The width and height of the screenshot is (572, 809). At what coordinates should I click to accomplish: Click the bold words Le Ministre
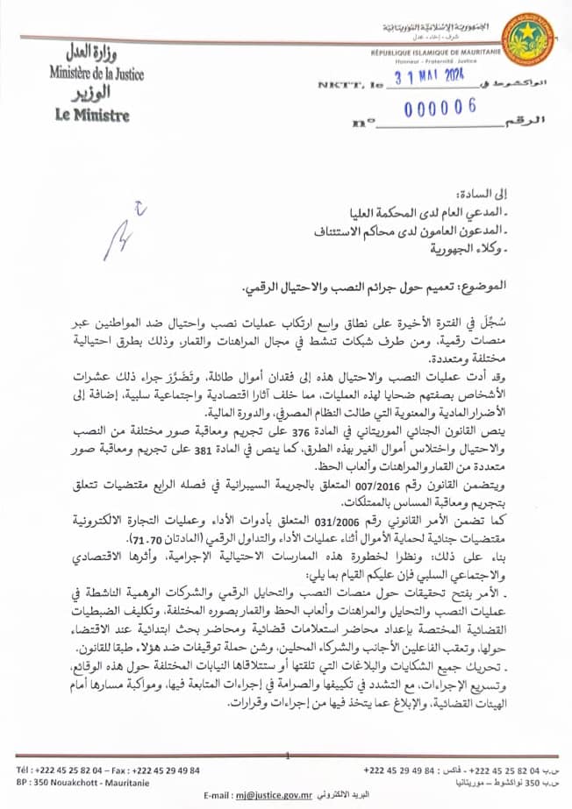tap(91, 115)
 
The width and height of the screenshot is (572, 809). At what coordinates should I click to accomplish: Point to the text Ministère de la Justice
tap(97, 75)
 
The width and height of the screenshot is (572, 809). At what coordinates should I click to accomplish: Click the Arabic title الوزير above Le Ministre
tap(91, 93)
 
